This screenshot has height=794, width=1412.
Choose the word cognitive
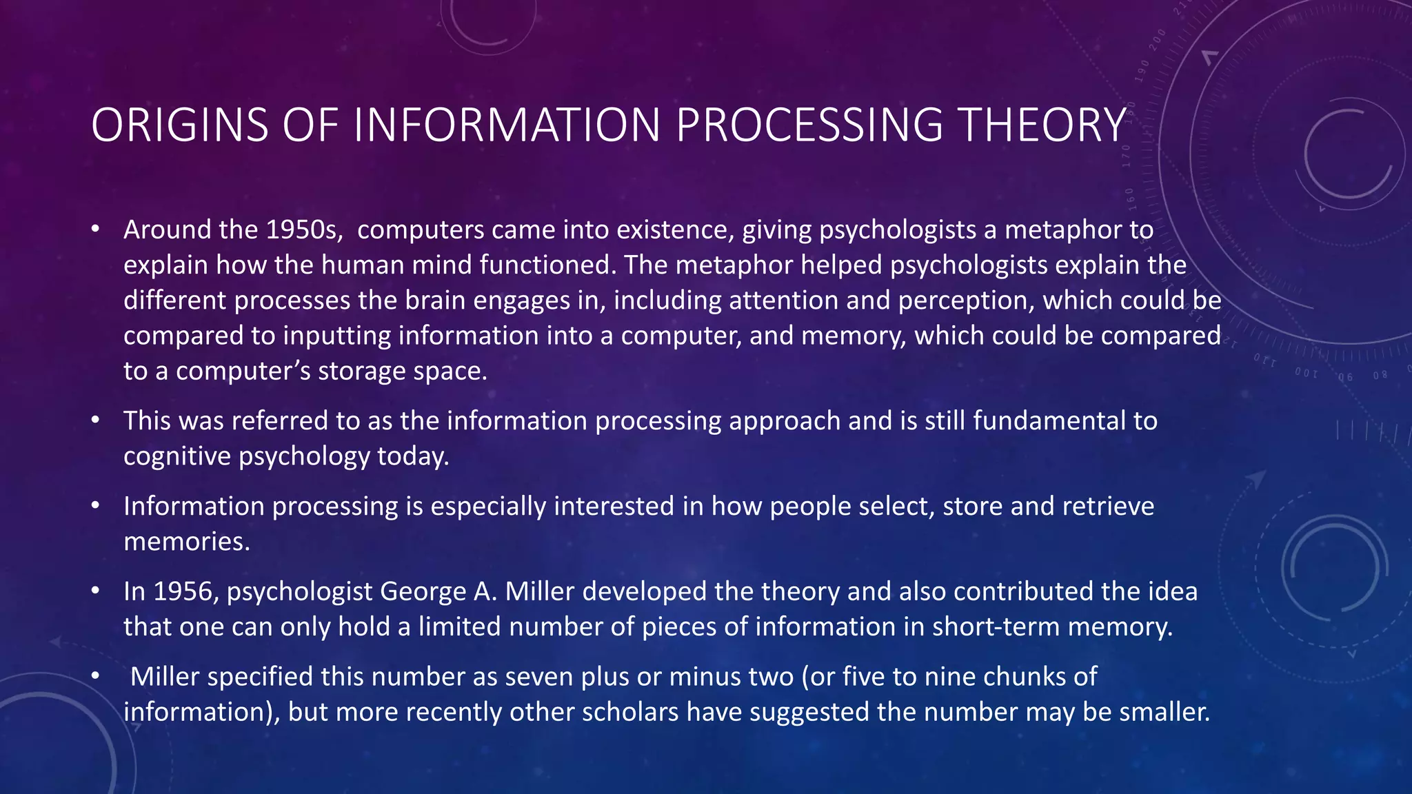pos(177,456)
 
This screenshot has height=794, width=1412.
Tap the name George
pos(423,591)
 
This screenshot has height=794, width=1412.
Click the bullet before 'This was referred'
pos(96,420)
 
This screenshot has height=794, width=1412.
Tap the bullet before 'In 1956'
pos(96,591)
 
